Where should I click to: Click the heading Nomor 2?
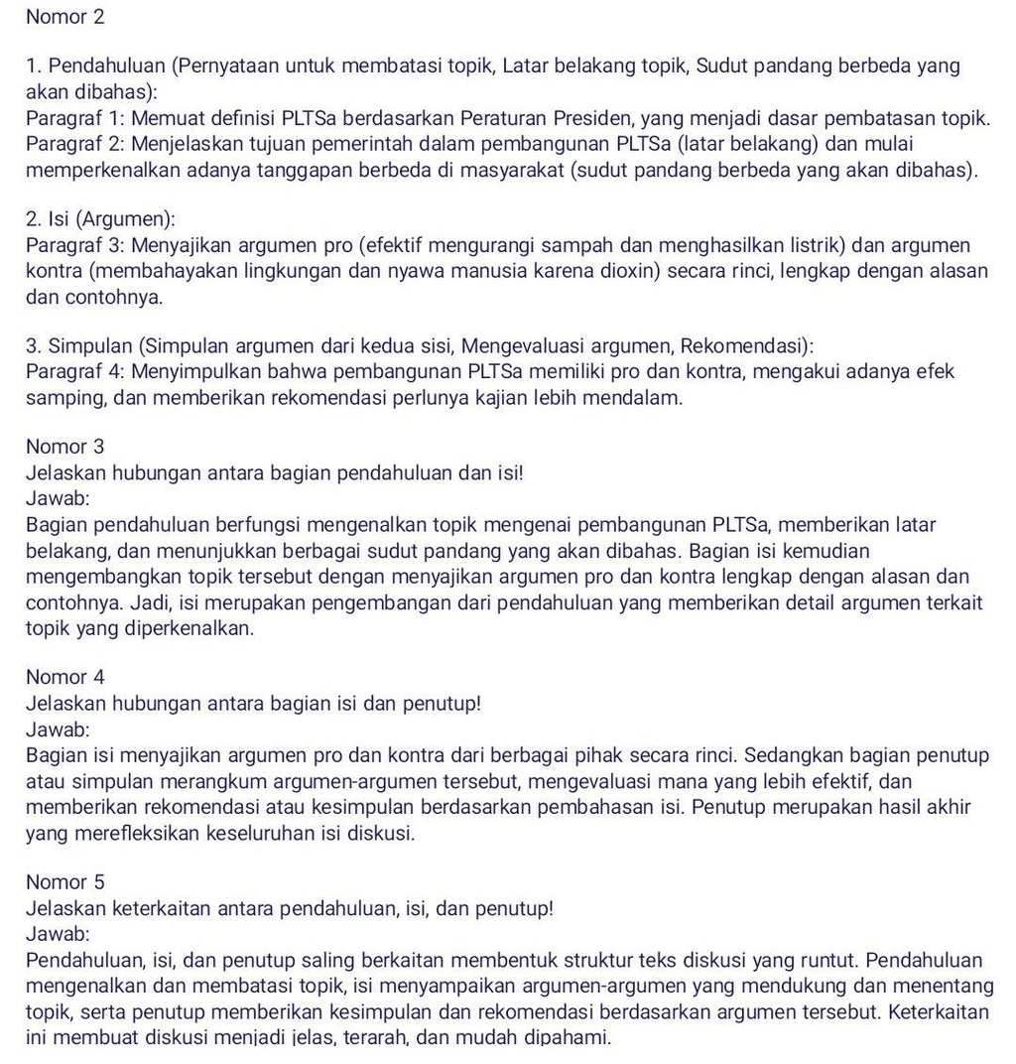[65, 17]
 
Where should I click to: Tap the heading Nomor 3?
[65, 447]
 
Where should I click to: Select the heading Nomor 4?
[65, 677]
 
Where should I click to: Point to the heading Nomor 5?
[65, 881]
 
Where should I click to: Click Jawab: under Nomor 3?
[58, 498]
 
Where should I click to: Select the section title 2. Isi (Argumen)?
[100, 219]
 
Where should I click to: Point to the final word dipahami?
[570, 1038]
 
